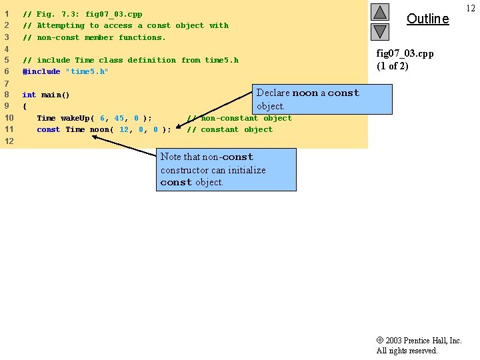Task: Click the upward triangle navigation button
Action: pos(379,12)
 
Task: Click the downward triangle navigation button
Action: pos(379,31)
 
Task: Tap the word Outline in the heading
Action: pos(427,19)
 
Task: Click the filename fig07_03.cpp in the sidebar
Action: pos(405,53)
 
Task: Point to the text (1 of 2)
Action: pos(392,66)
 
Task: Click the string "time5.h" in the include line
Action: pos(87,71)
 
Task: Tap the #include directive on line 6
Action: pos(41,71)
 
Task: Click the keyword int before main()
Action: pos(29,95)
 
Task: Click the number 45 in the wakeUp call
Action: pos(119,118)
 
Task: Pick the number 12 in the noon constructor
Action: pos(124,129)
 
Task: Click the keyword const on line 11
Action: pos(49,129)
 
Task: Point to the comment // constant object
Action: pos(229,129)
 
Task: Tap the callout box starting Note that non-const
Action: pos(226,169)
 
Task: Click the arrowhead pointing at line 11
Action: pos(95,137)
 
